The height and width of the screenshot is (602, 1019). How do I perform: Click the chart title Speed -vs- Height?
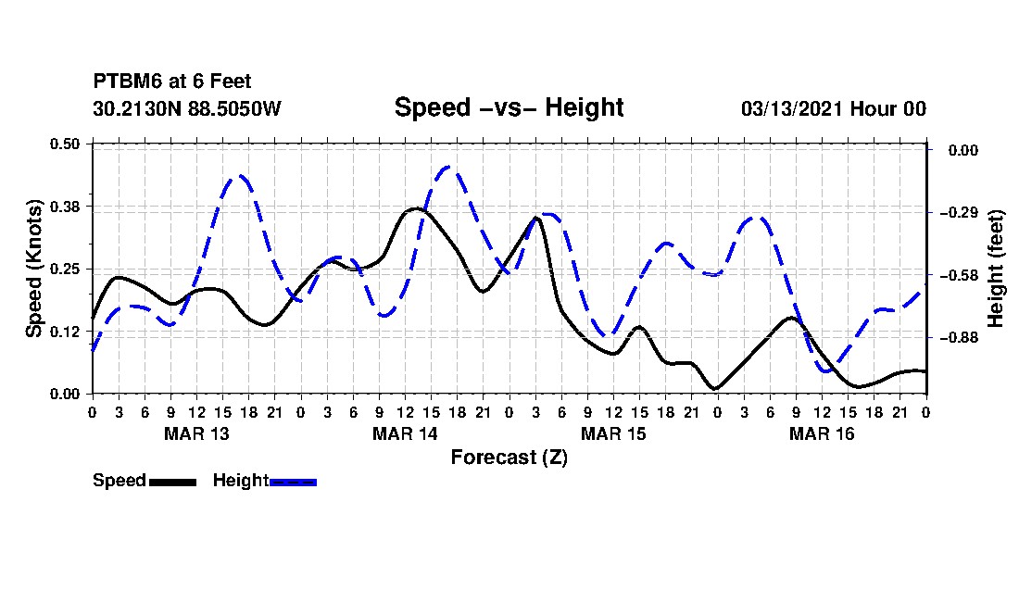point(509,107)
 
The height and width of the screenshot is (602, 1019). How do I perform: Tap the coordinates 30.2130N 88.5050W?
point(187,108)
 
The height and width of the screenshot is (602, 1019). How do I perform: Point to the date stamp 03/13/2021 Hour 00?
point(834,108)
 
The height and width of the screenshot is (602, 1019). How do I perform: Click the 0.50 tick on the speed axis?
point(65,144)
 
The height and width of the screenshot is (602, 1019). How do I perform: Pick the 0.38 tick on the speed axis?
point(65,207)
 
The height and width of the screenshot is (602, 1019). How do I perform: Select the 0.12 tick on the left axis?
point(65,332)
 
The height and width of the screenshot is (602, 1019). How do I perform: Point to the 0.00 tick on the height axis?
point(963,150)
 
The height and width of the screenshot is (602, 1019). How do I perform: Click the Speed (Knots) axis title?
point(33,269)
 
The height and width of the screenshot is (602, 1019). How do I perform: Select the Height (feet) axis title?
point(996,269)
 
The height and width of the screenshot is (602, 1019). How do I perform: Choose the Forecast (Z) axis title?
point(509,458)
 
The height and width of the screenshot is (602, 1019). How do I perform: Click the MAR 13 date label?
point(197,433)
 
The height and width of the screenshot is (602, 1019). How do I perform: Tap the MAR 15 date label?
point(613,433)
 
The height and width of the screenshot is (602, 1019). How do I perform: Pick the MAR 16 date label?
point(822,433)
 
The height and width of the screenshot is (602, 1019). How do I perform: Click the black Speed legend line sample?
point(173,482)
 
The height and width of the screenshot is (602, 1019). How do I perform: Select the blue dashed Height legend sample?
point(293,482)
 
